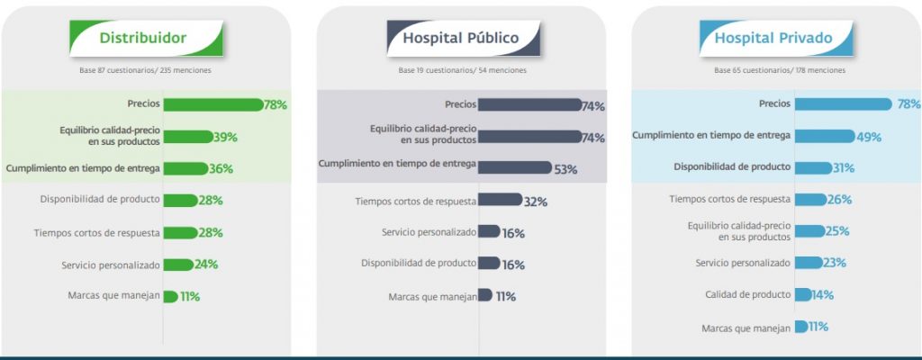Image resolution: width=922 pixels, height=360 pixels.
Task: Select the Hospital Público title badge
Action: pos(462,38)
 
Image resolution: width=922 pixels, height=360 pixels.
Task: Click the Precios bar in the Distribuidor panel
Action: pos(212,104)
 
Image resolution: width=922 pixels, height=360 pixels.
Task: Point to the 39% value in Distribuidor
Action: pos(225,137)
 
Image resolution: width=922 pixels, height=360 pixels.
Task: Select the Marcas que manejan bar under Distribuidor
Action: pos(169,296)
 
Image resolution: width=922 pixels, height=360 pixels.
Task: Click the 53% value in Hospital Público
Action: pos(565,169)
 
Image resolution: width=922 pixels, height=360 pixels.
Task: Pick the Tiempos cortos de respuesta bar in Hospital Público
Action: pos(500,200)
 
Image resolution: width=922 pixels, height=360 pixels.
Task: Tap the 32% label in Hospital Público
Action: pos(536,202)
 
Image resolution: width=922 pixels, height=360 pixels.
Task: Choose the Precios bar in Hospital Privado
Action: pos(843,104)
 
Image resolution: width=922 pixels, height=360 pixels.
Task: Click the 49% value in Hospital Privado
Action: pos(869,138)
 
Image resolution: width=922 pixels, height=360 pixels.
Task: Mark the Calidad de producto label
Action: pos(747,294)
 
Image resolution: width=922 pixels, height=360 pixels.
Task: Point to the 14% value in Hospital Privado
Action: pos(821,294)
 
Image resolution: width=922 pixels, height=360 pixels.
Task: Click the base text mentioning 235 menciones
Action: pos(146,70)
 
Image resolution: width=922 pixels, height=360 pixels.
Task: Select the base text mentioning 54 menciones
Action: pos(463,70)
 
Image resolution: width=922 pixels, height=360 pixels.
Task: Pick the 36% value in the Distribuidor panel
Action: pos(221,168)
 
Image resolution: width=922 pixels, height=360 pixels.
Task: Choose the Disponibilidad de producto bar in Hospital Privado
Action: pos(812,167)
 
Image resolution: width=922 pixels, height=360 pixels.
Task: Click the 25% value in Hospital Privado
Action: pos(837,231)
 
